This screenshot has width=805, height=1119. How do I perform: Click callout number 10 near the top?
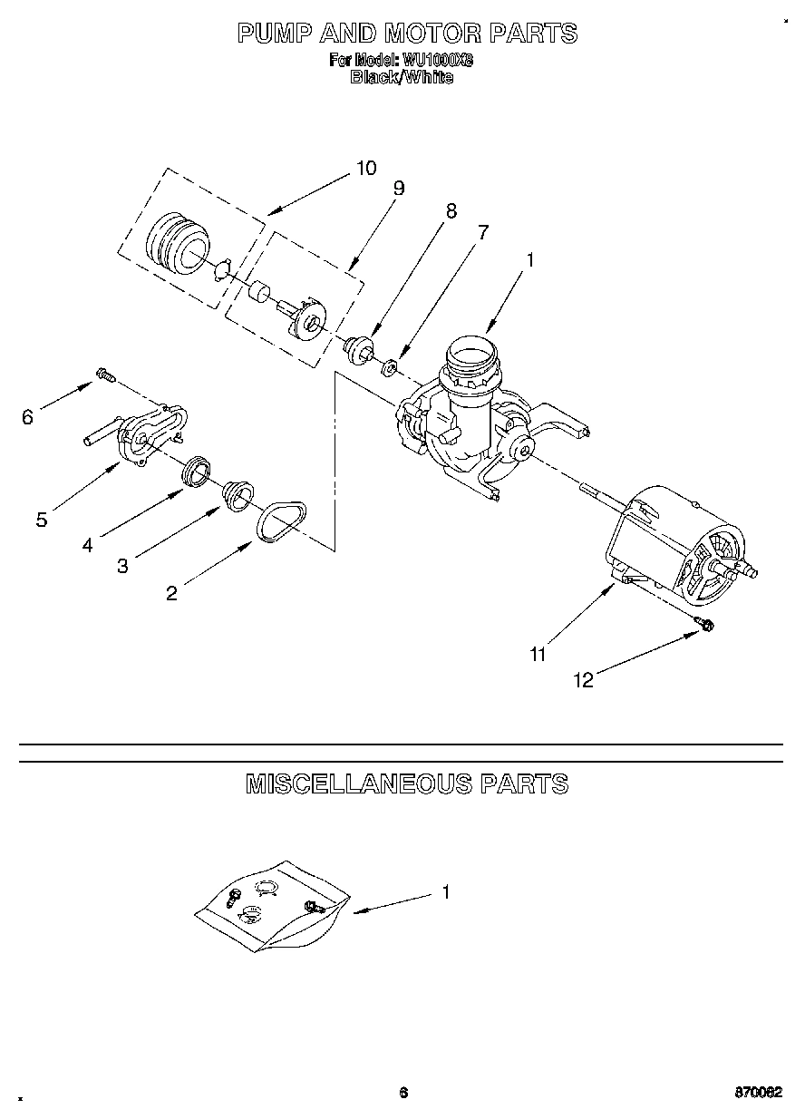coord(365,168)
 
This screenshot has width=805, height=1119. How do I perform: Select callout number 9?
coord(398,189)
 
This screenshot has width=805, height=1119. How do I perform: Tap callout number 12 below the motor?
coord(585,680)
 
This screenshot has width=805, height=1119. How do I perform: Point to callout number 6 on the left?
coord(27,416)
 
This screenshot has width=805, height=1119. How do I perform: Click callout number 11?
coord(538,654)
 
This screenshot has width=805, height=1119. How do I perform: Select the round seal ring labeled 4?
coord(197,472)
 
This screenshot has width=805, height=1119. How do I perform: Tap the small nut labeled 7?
coord(388,367)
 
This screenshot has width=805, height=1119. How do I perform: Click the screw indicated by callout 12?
coord(704,624)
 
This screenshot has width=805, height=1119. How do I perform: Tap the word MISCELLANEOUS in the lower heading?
coord(358,783)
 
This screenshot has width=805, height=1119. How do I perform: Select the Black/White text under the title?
coord(402,77)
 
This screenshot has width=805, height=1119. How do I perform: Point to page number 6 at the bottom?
coord(403,1093)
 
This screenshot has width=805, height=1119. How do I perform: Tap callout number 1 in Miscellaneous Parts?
coord(445,892)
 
